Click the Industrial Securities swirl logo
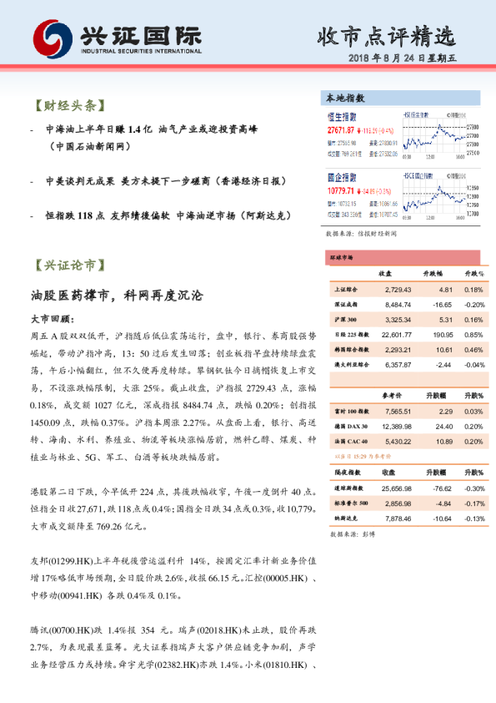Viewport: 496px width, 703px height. (x=53, y=38)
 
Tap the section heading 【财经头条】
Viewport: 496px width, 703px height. (x=68, y=106)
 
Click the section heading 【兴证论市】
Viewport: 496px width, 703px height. (x=68, y=266)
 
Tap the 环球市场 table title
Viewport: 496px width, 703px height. (x=343, y=258)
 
